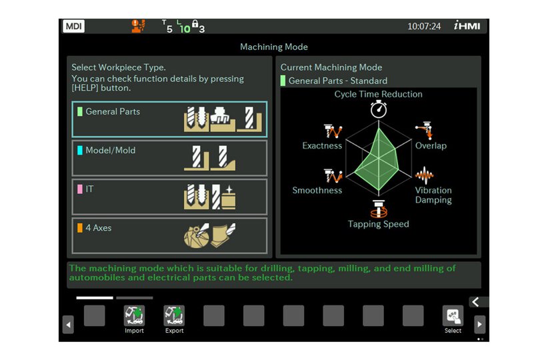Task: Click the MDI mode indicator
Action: [x=73, y=27]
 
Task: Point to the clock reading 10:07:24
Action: [x=424, y=27]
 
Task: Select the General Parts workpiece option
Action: [x=169, y=119]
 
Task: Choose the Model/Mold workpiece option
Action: [x=169, y=158]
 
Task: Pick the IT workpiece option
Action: [x=169, y=197]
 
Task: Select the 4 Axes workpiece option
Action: [x=169, y=235]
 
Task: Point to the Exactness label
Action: [x=322, y=146]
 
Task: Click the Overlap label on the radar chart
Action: [x=431, y=146]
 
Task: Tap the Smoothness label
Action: [x=317, y=191]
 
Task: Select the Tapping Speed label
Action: [x=379, y=225]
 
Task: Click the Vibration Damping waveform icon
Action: [x=425, y=176]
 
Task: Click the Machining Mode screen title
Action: [x=274, y=47]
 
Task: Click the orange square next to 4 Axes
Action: [x=80, y=228]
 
